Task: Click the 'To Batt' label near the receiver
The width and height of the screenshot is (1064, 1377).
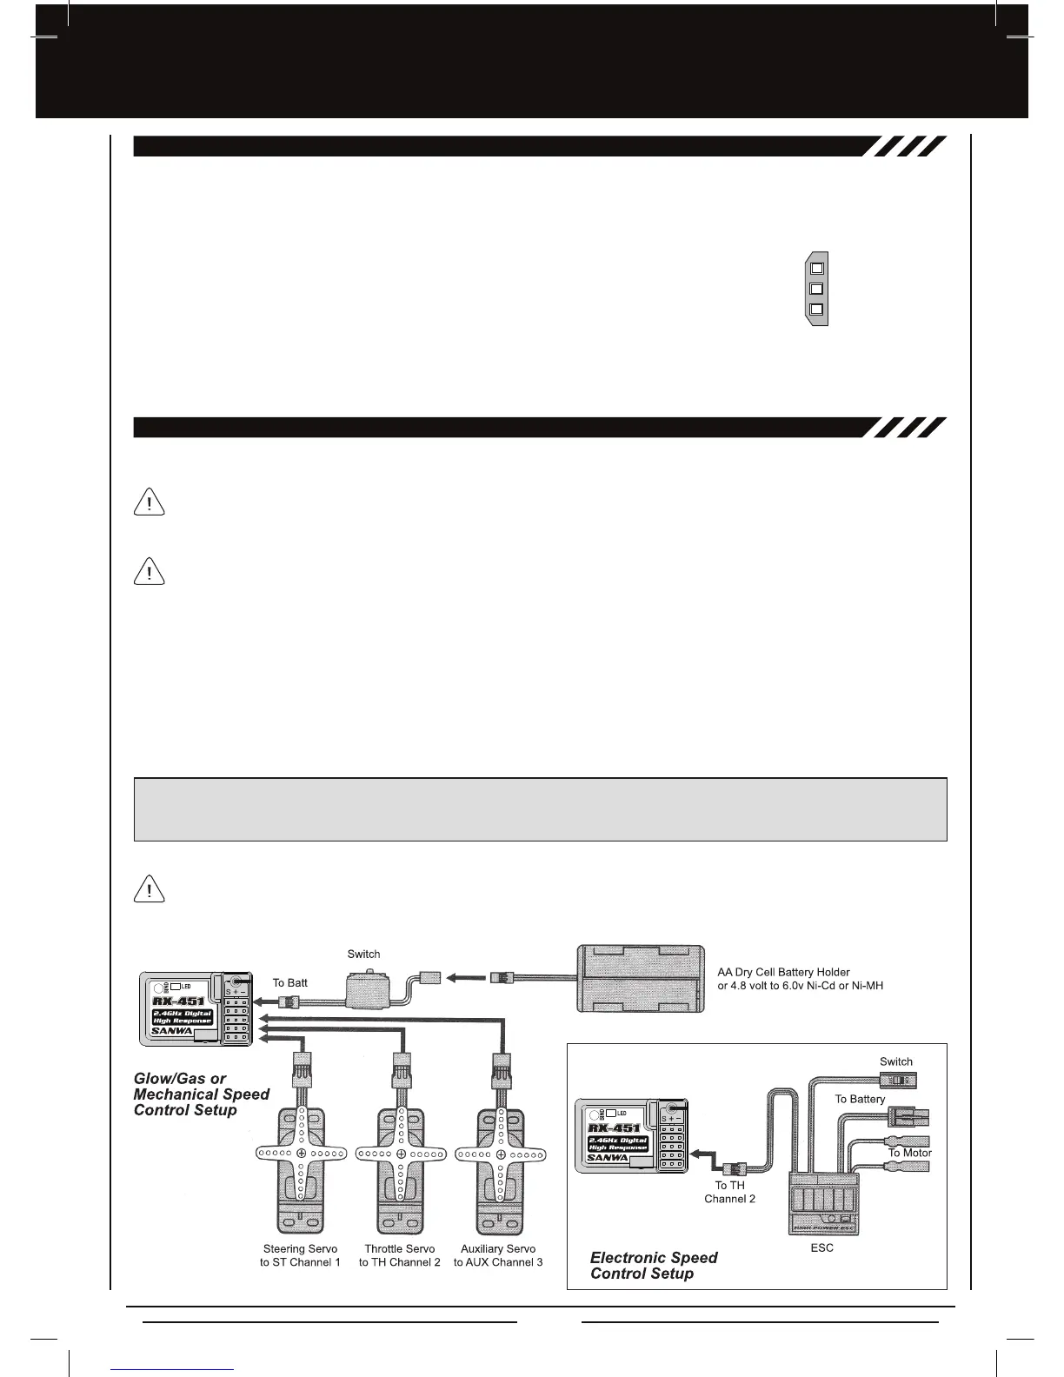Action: click(x=290, y=982)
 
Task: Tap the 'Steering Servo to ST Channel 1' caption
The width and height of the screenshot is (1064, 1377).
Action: click(x=300, y=1255)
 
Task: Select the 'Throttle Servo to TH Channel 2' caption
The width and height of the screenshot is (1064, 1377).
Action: click(x=400, y=1255)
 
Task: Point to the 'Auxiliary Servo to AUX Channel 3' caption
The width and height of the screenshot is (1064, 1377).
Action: click(x=498, y=1255)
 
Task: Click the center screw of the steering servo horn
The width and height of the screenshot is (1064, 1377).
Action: click(x=301, y=1154)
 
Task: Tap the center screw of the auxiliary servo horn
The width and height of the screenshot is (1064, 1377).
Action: click(x=501, y=1154)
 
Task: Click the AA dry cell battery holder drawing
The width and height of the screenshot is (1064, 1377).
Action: click(x=640, y=978)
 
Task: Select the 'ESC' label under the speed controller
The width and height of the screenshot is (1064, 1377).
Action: click(x=821, y=1247)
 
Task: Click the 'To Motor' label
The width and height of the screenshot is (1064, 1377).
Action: click(x=909, y=1153)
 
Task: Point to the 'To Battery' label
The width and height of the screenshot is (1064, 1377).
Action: click(x=860, y=1099)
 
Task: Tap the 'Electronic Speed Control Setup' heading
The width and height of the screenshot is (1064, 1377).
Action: click(x=654, y=1265)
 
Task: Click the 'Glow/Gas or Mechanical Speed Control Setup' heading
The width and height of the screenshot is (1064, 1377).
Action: click(x=202, y=1094)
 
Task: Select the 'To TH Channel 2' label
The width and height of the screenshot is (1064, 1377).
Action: click(x=729, y=1192)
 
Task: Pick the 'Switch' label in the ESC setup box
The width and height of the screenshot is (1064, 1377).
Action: click(x=896, y=1061)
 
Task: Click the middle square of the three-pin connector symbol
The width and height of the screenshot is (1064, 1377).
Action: click(x=816, y=289)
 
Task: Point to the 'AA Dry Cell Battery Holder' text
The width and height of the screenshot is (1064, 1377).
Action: click(x=783, y=972)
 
